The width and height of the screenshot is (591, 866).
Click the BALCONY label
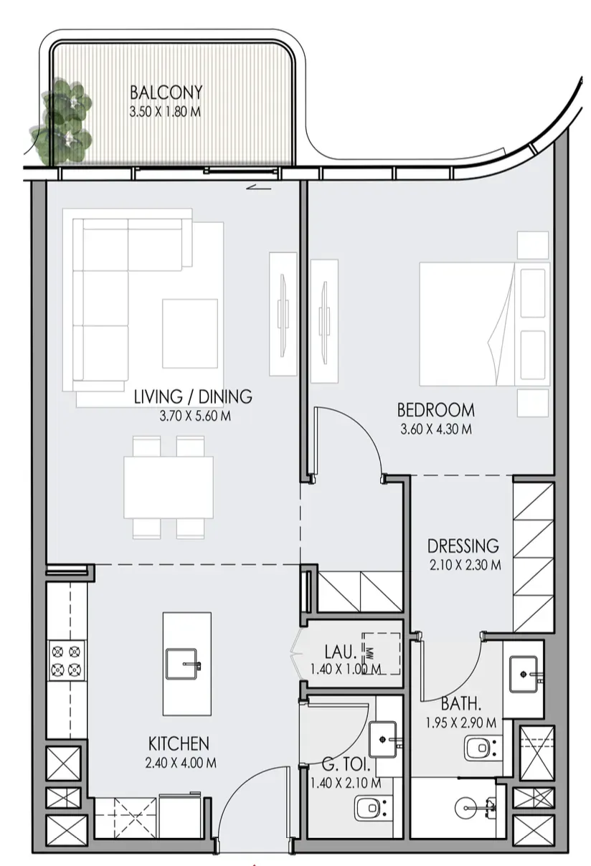pos(166,92)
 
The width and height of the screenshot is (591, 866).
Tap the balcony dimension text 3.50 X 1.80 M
pos(165,112)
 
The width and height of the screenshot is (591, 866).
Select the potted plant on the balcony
pos(62,122)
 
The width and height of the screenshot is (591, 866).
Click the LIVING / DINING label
pos(193,396)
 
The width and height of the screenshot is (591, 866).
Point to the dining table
pos(169,487)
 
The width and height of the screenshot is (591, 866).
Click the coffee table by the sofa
pos(190,333)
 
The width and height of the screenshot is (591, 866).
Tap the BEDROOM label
pos(436,410)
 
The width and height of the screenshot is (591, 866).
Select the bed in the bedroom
pos(484,324)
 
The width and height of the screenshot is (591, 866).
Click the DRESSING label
pos(463,546)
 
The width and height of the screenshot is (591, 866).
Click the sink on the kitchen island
pos(181,663)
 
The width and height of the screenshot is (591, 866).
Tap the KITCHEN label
pos(179,743)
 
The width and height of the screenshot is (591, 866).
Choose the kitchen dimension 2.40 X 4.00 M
pos(181,763)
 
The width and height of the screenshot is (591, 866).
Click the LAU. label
pos(341,652)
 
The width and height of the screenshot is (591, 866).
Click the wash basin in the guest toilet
pos(383,740)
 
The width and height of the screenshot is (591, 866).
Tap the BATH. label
pos(461,704)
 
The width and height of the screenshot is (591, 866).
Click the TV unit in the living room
pos(283,314)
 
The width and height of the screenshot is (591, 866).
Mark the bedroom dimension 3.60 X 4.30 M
pos(436,429)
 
